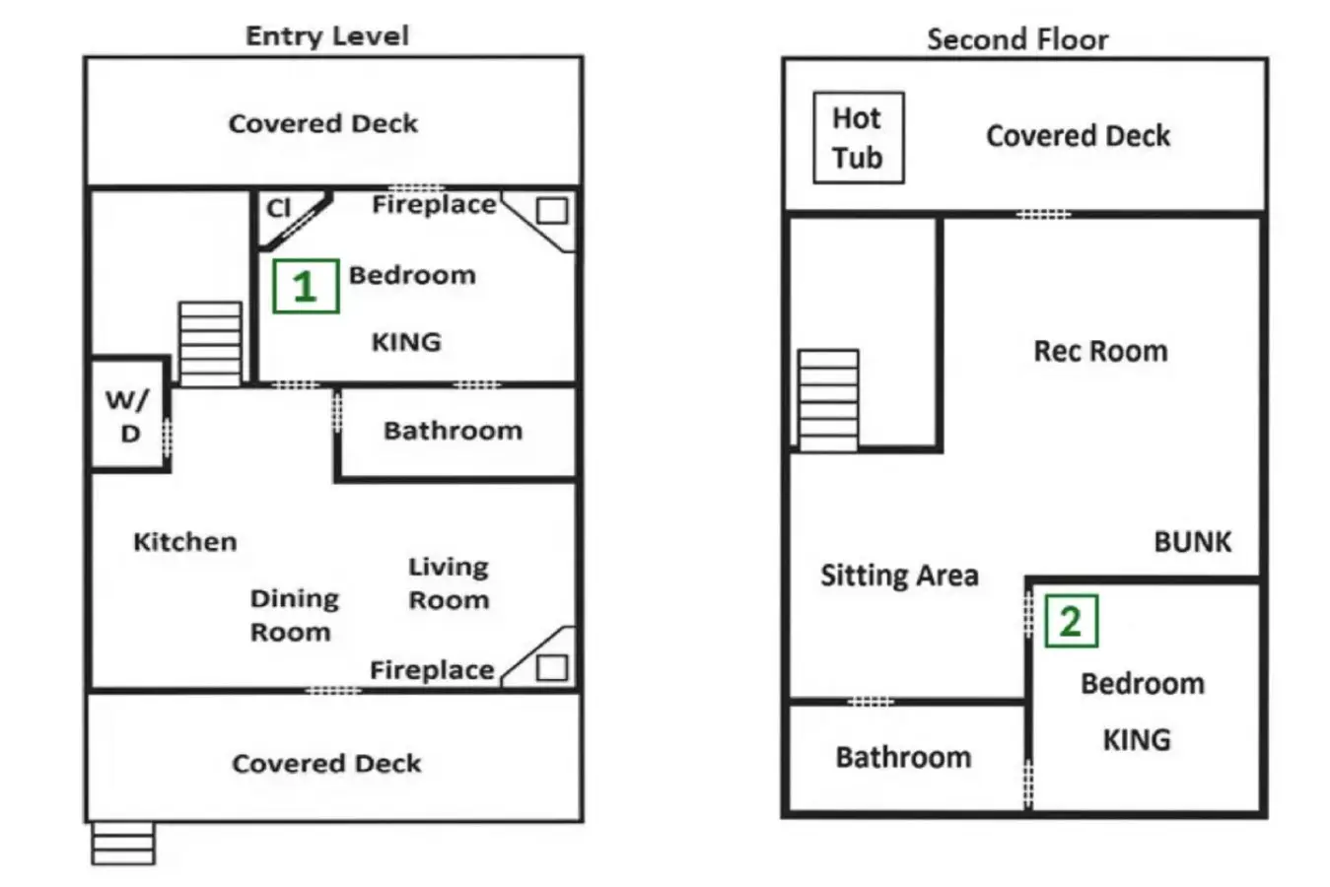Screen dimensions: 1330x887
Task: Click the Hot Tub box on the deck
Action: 859,138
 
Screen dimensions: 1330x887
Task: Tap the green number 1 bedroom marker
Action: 306,286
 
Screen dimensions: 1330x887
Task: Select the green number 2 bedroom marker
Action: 1071,621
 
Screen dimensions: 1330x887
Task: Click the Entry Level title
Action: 327,35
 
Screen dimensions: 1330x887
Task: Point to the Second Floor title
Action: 1017,39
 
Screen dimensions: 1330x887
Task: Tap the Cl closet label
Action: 278,208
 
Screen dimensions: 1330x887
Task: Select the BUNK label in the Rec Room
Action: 1192,541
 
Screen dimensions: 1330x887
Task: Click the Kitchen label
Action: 185,541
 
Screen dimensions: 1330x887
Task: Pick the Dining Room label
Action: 294,615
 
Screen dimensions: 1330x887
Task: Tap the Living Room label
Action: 449,583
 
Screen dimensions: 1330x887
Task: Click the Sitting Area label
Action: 899,575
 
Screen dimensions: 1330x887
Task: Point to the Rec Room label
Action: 1101,351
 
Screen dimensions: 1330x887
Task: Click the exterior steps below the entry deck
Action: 123,843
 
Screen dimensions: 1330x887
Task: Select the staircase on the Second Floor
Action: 828,400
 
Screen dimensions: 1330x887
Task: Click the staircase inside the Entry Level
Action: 210,344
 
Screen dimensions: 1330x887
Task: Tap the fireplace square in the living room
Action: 551,668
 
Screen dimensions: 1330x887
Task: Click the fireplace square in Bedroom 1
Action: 551,210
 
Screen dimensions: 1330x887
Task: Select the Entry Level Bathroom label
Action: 454,431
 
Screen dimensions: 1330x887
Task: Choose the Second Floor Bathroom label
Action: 903,757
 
